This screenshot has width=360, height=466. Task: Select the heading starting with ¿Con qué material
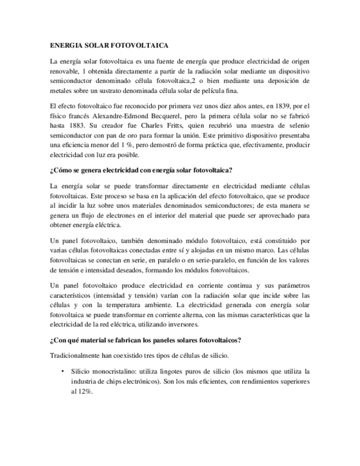(145, 340)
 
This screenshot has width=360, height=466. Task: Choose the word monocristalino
(113, 371)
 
